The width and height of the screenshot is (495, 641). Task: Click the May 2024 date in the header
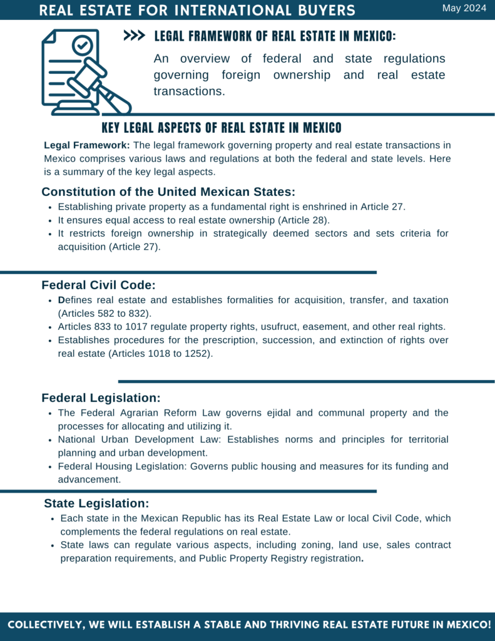tap(464, 8)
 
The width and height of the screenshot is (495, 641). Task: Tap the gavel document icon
tap(85, 72)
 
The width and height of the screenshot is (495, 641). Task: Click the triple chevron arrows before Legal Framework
tap(135, 36)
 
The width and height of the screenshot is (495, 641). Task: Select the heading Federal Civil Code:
tap(98, 285)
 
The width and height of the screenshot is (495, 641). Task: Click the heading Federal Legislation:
tap(101, 397)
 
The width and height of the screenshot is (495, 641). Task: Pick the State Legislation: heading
tap(96, 503)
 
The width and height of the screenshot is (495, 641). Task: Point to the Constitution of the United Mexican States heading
tap(168, 192)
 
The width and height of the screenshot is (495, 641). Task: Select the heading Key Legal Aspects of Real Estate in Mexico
tap(222, 128)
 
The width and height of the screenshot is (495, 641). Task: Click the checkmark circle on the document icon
tap(82, 45)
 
